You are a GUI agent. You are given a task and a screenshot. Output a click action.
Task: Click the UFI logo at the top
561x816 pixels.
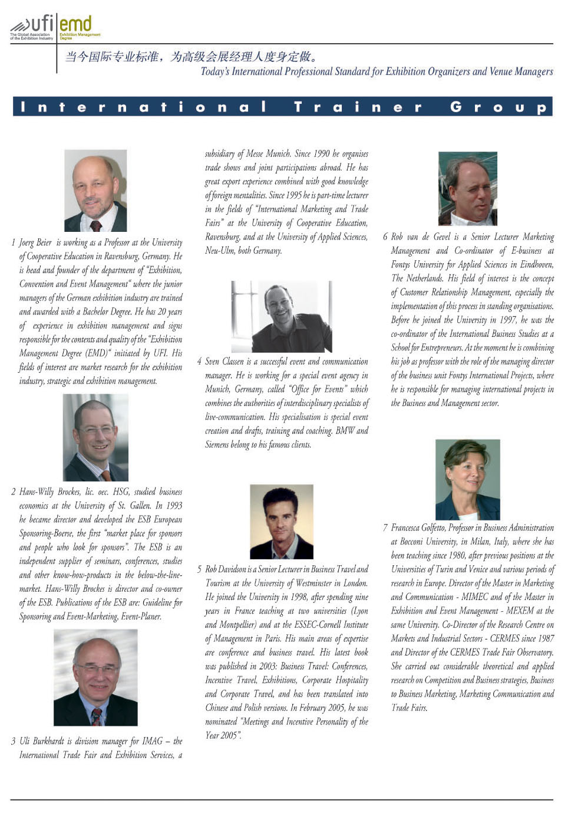(32, 27)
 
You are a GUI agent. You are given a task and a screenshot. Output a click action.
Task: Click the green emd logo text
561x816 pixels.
(75, 25)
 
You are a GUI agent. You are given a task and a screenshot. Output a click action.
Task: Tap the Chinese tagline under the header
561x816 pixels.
(192, 57)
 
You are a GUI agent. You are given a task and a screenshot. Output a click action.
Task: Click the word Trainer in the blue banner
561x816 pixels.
(358, 107)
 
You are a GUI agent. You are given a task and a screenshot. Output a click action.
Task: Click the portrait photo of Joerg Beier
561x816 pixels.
(95, 191)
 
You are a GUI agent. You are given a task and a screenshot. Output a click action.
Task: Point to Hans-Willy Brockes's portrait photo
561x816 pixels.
(95, 437)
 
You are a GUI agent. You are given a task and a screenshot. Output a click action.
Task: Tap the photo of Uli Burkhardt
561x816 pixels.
(95, 677)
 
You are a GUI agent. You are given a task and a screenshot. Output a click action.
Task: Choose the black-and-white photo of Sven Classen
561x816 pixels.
(282, 317)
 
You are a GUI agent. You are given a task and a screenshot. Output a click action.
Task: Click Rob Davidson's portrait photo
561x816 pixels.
(282, 522)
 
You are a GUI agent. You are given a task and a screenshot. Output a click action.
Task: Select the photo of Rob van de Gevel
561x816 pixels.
(468, 189)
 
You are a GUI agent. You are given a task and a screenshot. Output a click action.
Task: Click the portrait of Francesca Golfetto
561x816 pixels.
(468, 479)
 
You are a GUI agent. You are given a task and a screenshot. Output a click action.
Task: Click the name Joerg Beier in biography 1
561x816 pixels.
(35, 242)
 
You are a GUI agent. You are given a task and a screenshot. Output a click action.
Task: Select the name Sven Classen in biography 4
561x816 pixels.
(224, 361)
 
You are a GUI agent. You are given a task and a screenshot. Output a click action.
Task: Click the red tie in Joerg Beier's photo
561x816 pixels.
(96, 225)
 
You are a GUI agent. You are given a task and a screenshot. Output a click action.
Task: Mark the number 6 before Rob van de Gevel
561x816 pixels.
(385, 237)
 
